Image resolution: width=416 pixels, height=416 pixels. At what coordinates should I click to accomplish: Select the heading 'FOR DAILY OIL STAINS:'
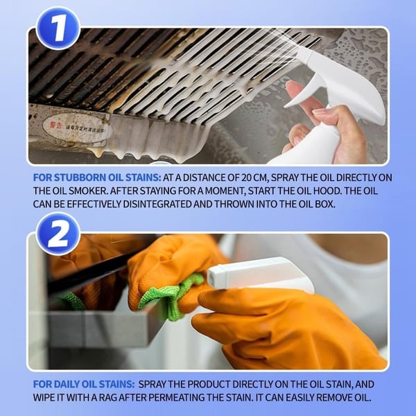84,383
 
